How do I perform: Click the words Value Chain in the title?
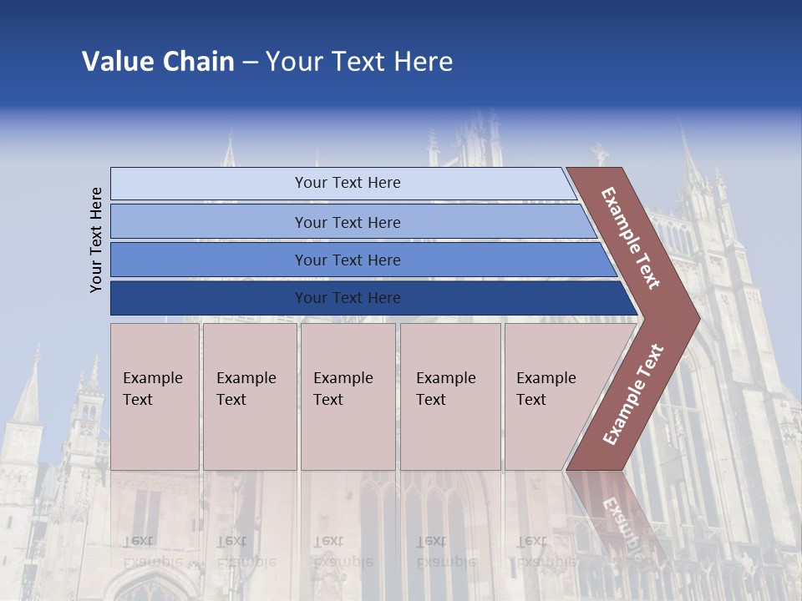pyautogui.click(x=158, y=62)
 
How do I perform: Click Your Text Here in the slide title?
pyautogui.click(x=359, y=62)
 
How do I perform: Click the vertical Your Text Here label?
pyautogui.click(x=96, y=240)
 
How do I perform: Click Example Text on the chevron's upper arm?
pyautogui.click(x=631, y=238)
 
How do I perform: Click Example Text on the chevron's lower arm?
pyautogui.click(x=633, y=394)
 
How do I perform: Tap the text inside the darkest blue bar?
pyautogui.click(x=348, y=298)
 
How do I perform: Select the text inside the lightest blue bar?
pyautogui.click(x=348, y=183)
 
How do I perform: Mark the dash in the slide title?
pyautogui.click(x=250, y=62)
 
